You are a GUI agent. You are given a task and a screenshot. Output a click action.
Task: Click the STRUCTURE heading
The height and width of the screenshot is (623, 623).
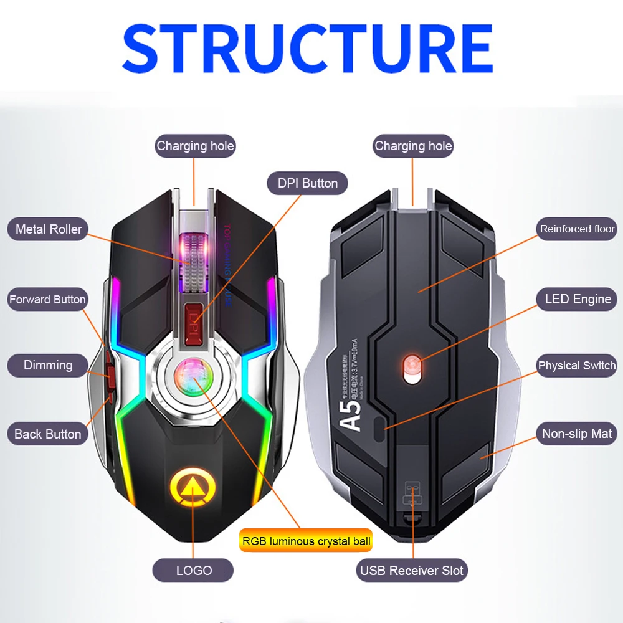[x=308, y=48]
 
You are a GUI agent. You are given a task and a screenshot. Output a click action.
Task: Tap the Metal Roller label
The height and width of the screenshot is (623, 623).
[x=49, y=229]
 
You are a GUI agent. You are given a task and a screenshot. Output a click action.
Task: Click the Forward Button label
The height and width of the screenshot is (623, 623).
[x=47, y=300]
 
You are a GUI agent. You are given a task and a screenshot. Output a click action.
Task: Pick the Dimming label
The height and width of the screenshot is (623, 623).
[x=48, y=365]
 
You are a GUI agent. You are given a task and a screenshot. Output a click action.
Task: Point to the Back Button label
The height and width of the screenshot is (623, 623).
[x=48, y=434]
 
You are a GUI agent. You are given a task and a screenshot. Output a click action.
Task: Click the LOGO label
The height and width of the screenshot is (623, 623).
[x=194, y=570]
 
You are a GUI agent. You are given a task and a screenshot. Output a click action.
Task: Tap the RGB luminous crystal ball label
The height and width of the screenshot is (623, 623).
[x=305, y=541]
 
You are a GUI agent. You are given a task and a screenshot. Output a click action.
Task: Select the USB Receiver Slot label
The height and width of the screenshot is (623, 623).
[x=412, y=570]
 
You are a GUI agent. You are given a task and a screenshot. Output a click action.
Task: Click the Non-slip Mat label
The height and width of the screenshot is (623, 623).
[x=577, y=434]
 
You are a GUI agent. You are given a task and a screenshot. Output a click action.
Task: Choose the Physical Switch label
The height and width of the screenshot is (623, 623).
[x=577, y=366]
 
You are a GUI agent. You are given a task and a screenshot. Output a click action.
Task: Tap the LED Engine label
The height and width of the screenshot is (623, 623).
[x=578, y=299]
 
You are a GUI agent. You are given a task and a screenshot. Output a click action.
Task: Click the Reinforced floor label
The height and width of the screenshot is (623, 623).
[x=577, y=229]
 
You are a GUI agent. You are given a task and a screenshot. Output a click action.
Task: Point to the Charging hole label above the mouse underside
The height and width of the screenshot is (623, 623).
[x=413, y=146]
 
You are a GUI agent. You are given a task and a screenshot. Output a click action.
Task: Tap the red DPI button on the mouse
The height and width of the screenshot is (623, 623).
[x=193, y=324]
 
